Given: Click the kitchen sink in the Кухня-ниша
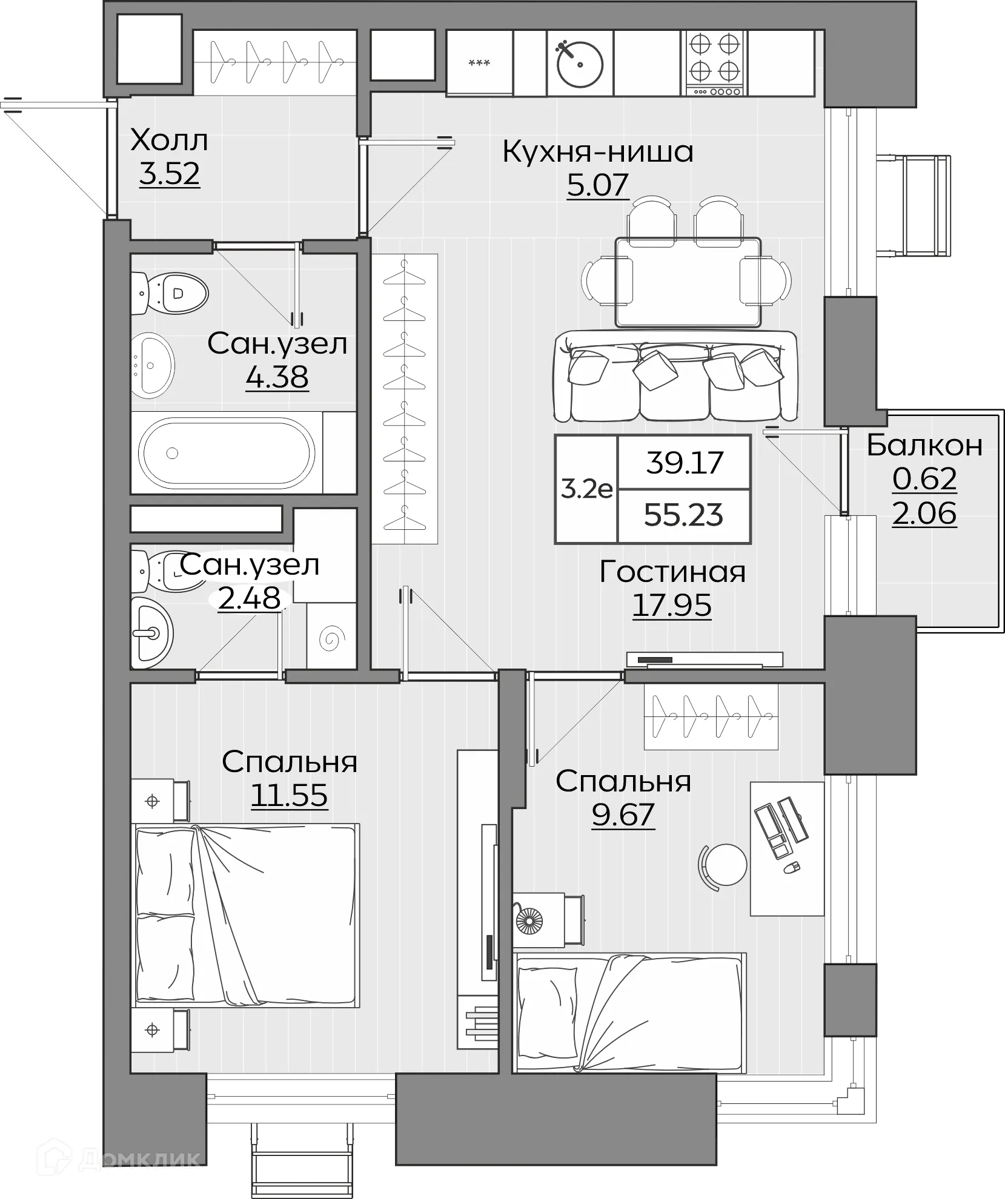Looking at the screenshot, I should (x=580, y=64).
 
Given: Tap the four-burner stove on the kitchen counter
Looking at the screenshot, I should (x=714, y=64).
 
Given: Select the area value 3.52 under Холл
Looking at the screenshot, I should (x=169, y=174).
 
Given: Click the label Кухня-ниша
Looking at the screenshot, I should (x=597, y=152).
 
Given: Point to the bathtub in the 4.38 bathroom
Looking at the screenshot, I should (x=227, y=452).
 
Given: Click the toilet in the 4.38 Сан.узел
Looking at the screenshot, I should (x=171, y=293).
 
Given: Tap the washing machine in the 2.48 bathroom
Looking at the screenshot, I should (x=331, y=636).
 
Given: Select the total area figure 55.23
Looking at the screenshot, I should (x=683, y=515).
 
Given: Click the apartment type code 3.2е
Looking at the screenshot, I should (x=586, y=489).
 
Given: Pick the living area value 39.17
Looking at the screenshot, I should (x=685, y=463).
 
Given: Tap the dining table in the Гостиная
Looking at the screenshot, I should (x=688, y=282).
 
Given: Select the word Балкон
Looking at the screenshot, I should (x=924, y=445).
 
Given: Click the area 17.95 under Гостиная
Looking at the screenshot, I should (x=672, y=605).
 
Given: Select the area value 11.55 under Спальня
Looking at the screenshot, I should (x=289, y=795).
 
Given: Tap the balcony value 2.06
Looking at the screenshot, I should (x=924, y=514).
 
